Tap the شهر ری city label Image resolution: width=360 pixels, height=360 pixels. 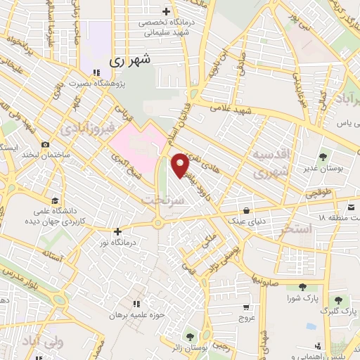tap(131, 61)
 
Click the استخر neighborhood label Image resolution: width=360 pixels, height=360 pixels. tap(295, 229)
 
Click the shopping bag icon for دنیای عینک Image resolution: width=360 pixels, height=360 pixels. tap(245, 210)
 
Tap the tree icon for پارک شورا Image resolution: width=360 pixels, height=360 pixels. tap(302, 286)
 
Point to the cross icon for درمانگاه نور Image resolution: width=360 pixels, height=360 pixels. tap(117, 231)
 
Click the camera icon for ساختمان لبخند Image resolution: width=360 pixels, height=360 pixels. tap(45, 145)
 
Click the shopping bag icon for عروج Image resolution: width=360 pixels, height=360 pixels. tap(245, 307)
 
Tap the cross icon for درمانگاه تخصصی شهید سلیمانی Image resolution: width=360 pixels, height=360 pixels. tap(166, 11)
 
